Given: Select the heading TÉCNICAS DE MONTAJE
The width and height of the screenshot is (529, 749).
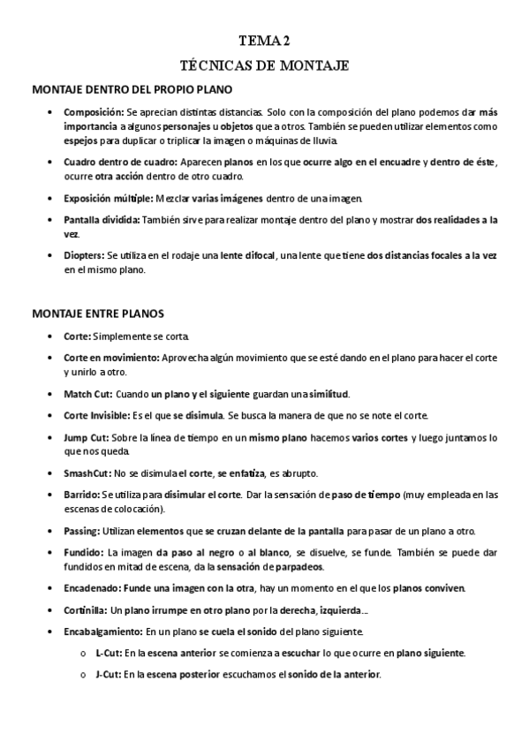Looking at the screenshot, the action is (x=264, y=65).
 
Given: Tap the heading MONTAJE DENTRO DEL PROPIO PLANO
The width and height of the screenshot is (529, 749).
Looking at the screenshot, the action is (x=132, y=89).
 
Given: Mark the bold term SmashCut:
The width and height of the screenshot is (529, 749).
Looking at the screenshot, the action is (x=89, y=472).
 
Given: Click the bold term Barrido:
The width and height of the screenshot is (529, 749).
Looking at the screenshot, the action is (x=82, y=496).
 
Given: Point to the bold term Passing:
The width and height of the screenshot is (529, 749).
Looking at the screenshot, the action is (x=82, y=531).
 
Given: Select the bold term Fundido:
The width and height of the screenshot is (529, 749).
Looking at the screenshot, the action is (x=84, y=552).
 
